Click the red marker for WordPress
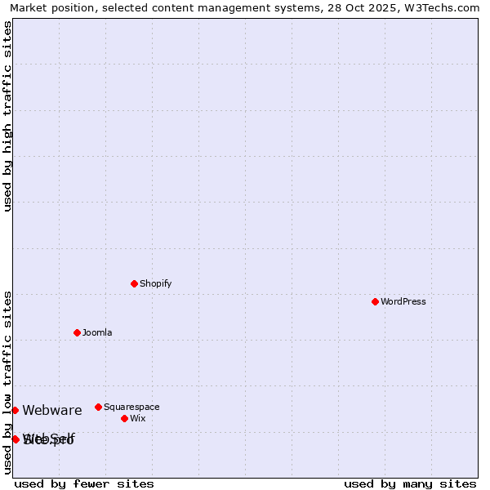pos(375,301)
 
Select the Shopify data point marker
pos(134,283)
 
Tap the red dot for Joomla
pos(77,332)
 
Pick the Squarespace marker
pos(98,407)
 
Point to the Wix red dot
pos(124,418)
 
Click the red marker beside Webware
pos(15,410)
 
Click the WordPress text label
pos(403,301)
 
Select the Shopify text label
pos(155,283)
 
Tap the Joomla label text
pos(97,332)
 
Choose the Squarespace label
pos(131,407)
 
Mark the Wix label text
pos(137,418)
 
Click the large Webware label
pos(52,410)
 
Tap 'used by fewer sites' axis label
pos(84,483)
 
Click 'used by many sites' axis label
pos(410,483)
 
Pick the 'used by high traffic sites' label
pos(7,116)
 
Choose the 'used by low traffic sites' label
pos(7,382)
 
